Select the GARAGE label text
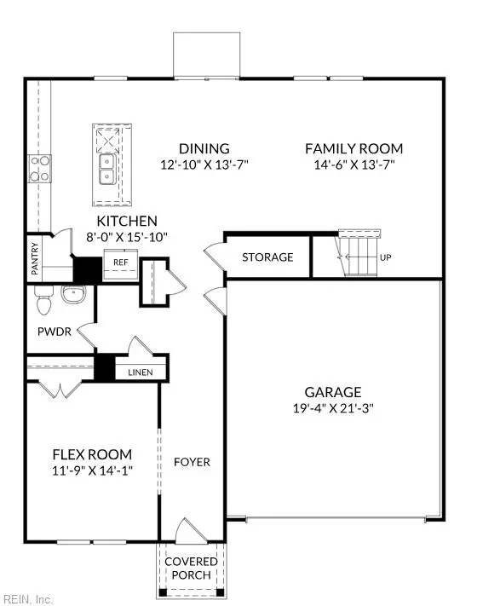pyautogui.click(x=333, y=392)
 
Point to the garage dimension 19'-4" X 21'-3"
pyautogui.click(x=333, y=407)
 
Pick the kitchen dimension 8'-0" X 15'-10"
pyautogui.click(x=127, y=236)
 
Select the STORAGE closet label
pyautogui.click(x=267, y=257)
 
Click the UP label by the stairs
pyautogui.click(x=385, y=257)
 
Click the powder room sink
pyautogui.click(x=74, y=295)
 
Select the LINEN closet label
pyautogui.click(x=141, y=372)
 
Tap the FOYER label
pyautogui.click(x=192, y=462)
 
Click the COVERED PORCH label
pyautogui.click(x=191, y=568)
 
